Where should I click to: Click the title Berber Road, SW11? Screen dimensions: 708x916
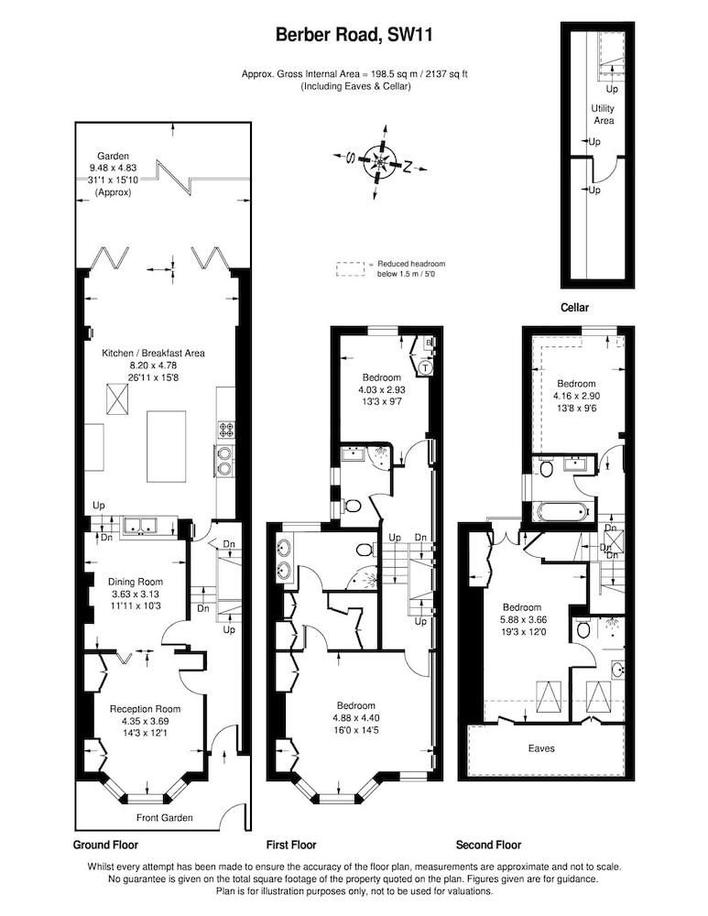[x=354, y=36]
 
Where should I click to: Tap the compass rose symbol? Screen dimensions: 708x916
[x=380, y=160]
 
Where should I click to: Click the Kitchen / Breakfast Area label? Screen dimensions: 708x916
[x=153, y=353]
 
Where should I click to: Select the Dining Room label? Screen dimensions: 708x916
[x=136, y=582]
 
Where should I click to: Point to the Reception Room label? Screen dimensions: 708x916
[x=146, y=709]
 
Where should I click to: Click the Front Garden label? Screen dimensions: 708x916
[x=164, y=818]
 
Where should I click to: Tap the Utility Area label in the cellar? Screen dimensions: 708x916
[x=603, y=114]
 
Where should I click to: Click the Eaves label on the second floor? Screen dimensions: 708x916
[x=541, y=748]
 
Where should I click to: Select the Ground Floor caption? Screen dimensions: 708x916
[x=105, y=845]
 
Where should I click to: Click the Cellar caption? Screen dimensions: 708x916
[x=575, y=307]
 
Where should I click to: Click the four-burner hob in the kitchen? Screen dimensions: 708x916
[x=226, y=430]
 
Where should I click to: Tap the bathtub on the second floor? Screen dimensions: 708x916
[x=562, y=512]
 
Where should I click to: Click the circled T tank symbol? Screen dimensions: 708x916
[x=426, y=368]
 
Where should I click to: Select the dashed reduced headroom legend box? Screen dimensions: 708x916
[x=350, y=268]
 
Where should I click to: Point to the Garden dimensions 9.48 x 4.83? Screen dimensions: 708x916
[x=113, y=169]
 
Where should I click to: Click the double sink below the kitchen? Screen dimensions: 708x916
[x=141, y=527]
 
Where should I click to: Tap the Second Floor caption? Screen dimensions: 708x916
[x=488, y=845]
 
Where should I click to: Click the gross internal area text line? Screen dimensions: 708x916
[x=354, y=74]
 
